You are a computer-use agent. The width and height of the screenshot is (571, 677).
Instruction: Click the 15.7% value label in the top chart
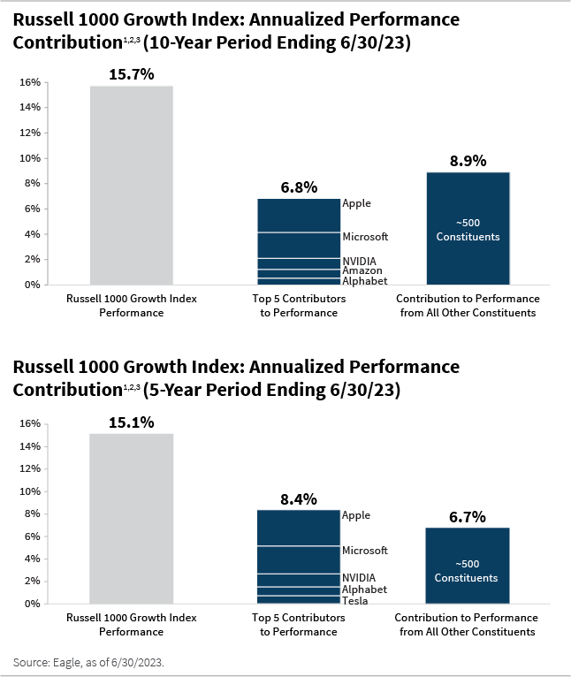pos(131,74)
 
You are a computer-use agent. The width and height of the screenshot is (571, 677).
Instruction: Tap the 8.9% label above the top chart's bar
pos(468,161)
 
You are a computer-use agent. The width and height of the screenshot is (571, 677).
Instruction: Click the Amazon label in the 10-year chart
pos(362,270)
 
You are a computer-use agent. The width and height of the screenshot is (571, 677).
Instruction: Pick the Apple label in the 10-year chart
pos(356,203)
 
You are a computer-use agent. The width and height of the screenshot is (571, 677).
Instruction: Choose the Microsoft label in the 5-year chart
pos(365,551)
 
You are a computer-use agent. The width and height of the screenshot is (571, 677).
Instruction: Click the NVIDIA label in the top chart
pos(360,261)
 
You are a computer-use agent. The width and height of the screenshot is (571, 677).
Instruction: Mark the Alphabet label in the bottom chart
pos(364,590)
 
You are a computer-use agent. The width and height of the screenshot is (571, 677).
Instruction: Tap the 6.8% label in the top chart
pos(299,187)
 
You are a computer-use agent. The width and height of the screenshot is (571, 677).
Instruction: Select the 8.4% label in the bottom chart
pos(299,499)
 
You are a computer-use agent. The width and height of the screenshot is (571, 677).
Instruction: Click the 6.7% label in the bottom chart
pos(468,517)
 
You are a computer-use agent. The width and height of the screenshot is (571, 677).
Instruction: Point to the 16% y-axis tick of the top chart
pos(29,82)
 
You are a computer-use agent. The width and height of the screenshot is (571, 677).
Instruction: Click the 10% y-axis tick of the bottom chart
pos(29,491)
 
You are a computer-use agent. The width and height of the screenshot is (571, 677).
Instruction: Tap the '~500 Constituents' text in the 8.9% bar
pos(468,230)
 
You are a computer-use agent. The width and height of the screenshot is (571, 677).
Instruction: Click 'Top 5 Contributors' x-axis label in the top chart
pos(299,300)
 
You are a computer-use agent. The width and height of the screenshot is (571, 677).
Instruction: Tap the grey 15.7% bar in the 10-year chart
pos(131,186)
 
